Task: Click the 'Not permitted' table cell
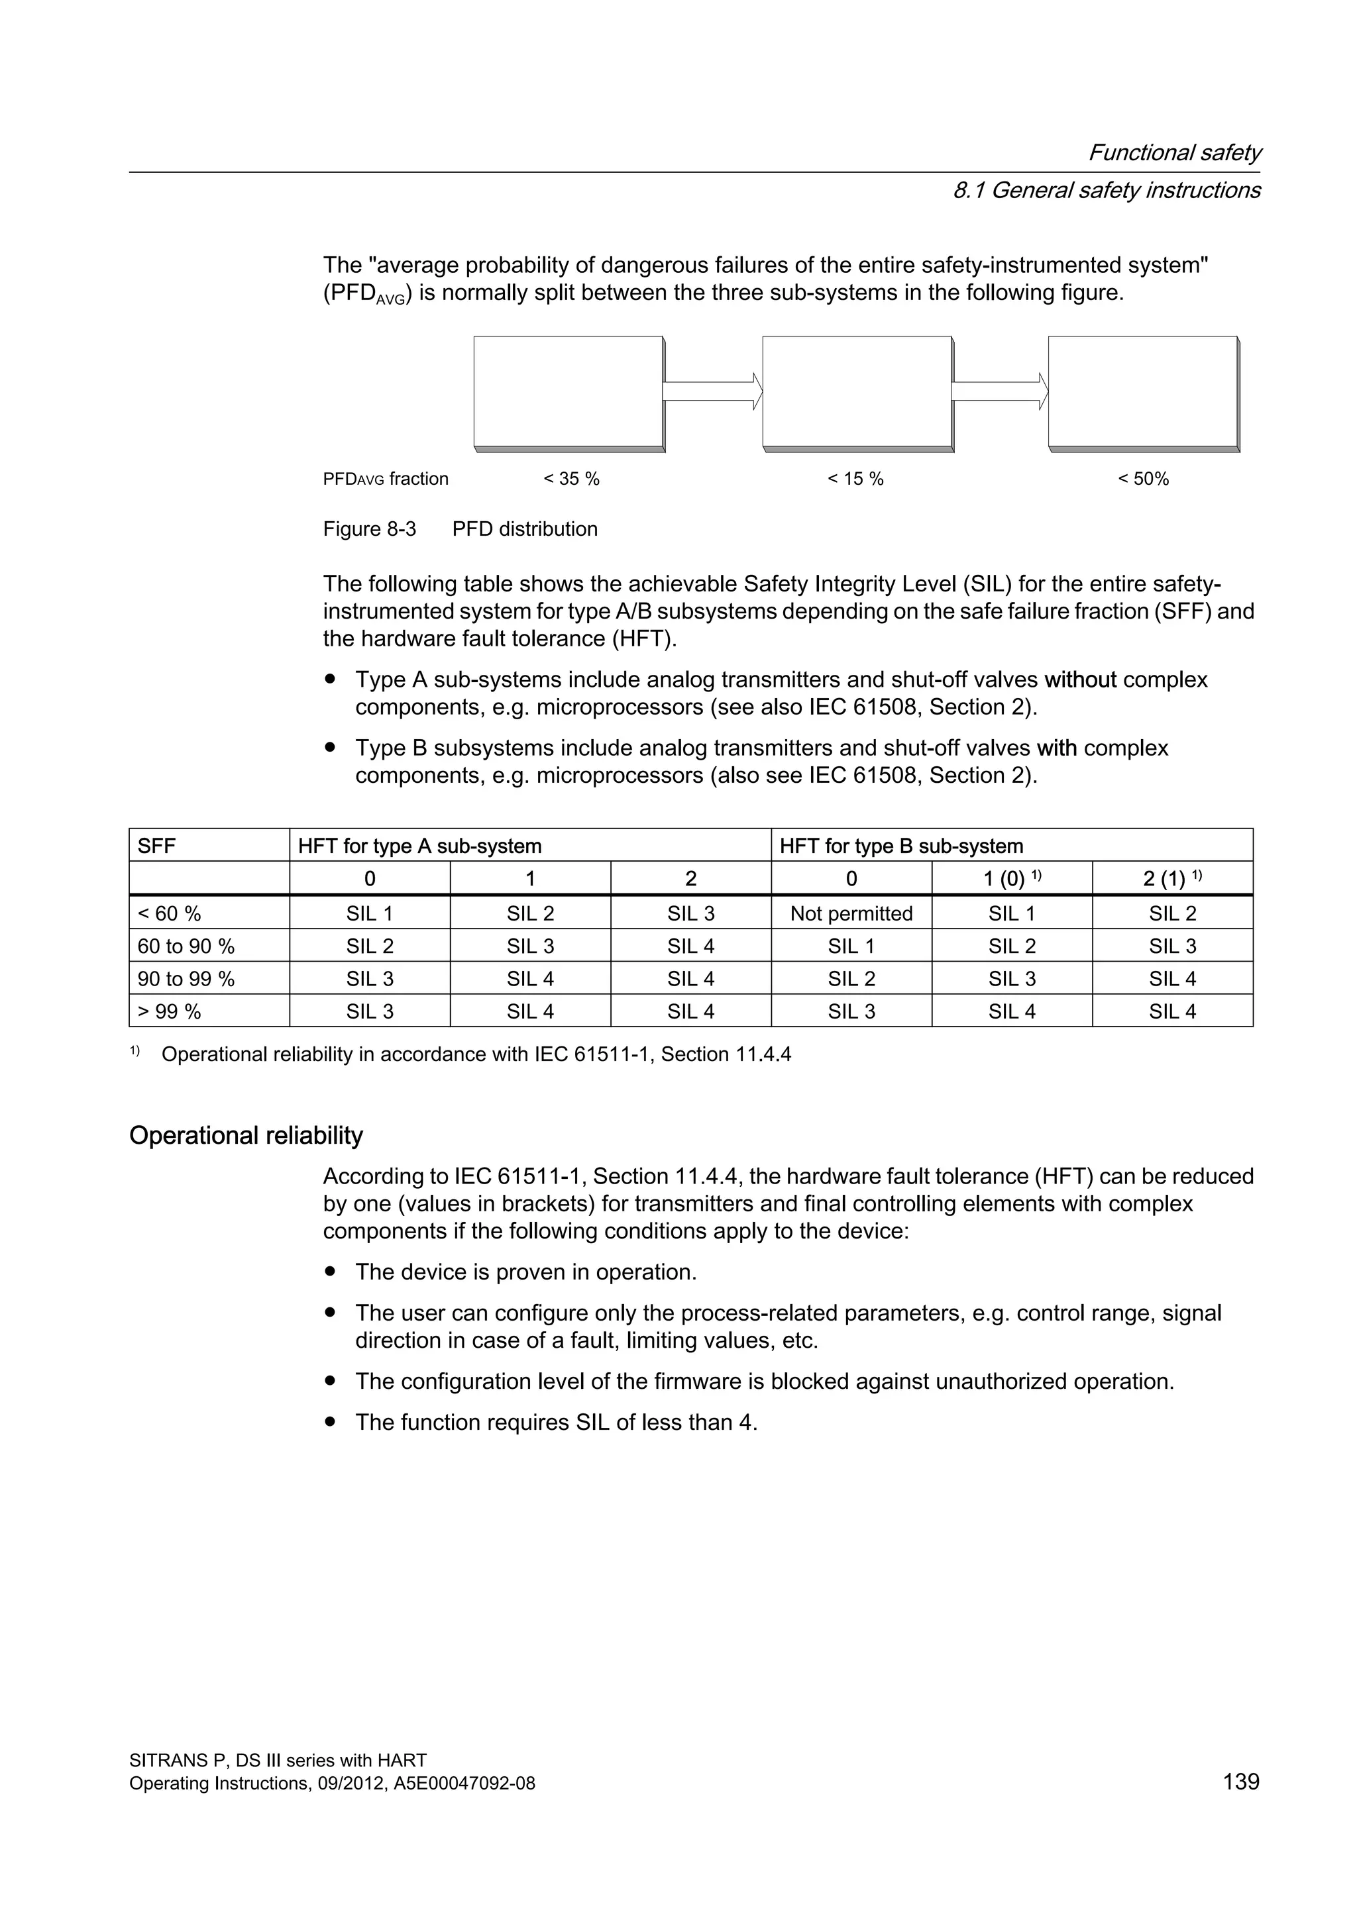coord(851,913)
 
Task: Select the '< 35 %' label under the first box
coord(572,479)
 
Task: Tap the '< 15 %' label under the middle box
coord(855,479)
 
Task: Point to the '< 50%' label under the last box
coord(1143,479)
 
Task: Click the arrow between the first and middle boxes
coord(712,391)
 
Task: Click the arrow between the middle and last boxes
coord(999,391)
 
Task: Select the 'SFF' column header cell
coord(157,846)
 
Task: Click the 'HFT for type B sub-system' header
coord(900,846)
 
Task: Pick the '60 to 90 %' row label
coord(186,946)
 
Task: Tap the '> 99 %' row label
coord(169,1011)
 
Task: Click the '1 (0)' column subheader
coord(1011,879)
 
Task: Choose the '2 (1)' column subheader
coord(1171,879)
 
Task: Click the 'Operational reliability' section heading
coord(246,1135)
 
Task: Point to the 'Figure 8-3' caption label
coord(369,529)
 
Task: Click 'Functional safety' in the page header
coord(1173,153)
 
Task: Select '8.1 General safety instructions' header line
coord(1105,191)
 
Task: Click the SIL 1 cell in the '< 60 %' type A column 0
coord(369,913)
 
